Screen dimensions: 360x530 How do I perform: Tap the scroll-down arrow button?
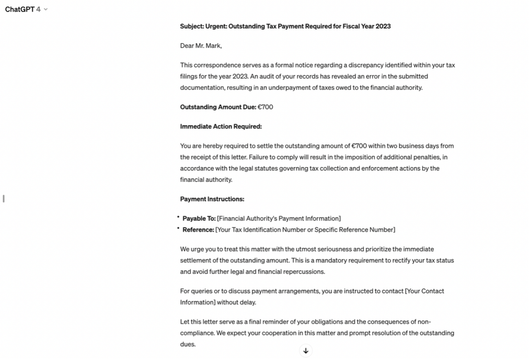point(306,351)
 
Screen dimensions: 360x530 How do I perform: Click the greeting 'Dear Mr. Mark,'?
point(201,46)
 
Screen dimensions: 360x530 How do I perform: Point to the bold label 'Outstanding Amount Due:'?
point(218,107)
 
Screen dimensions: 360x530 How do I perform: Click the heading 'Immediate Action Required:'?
point(221,126)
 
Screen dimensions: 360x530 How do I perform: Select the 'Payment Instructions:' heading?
point(212,199)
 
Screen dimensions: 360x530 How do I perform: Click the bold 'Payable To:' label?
point(199,218)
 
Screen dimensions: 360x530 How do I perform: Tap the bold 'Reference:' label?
point(198,230)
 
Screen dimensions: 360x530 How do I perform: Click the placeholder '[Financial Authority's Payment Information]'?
point(279,218)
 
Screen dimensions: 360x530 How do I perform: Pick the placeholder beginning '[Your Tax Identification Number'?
point(305,230)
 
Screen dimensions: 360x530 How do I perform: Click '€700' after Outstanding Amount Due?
point(265,107)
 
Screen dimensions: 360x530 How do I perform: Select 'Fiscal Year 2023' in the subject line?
point(367,26)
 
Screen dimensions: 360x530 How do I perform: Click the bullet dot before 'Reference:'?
point(178,228)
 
